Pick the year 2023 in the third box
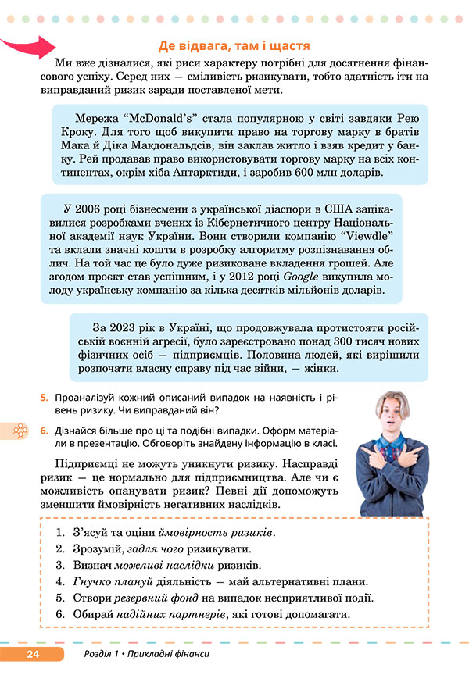[131, 327]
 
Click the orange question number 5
[45, 398]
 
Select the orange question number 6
[45, 430]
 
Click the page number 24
[33, 653]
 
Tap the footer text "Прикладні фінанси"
[173, 653]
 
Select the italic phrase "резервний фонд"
[147, 598]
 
